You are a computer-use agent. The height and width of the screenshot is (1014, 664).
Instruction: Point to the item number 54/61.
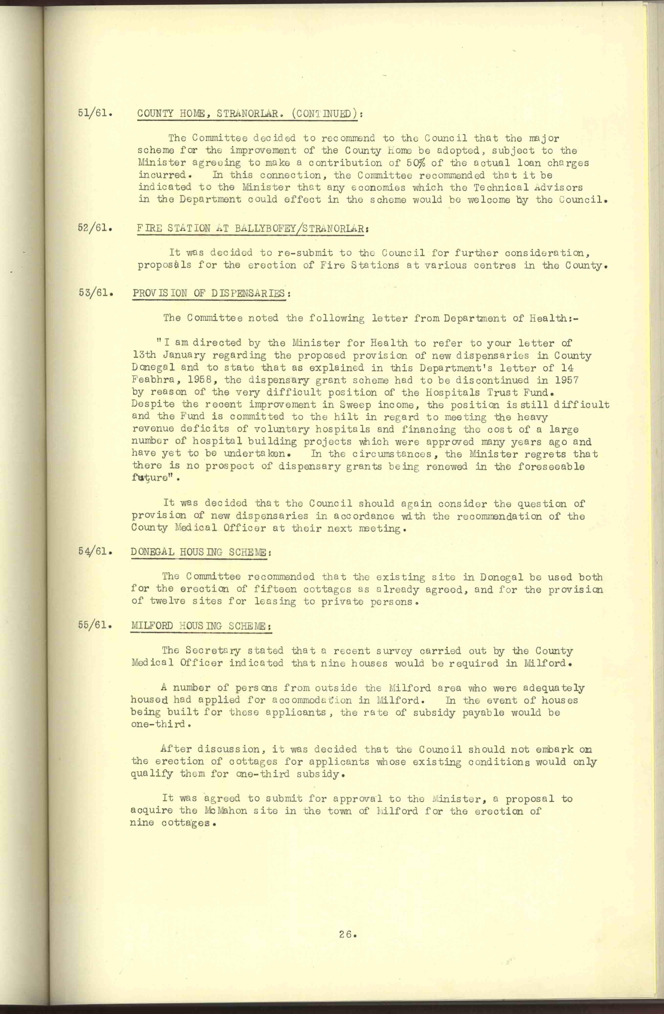point(95,551)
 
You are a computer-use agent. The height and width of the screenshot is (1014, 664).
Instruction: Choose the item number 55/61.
point(95,626)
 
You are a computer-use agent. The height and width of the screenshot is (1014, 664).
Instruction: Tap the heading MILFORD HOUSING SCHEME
point(201,626)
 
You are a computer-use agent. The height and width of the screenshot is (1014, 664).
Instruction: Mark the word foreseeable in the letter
point(551,467)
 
